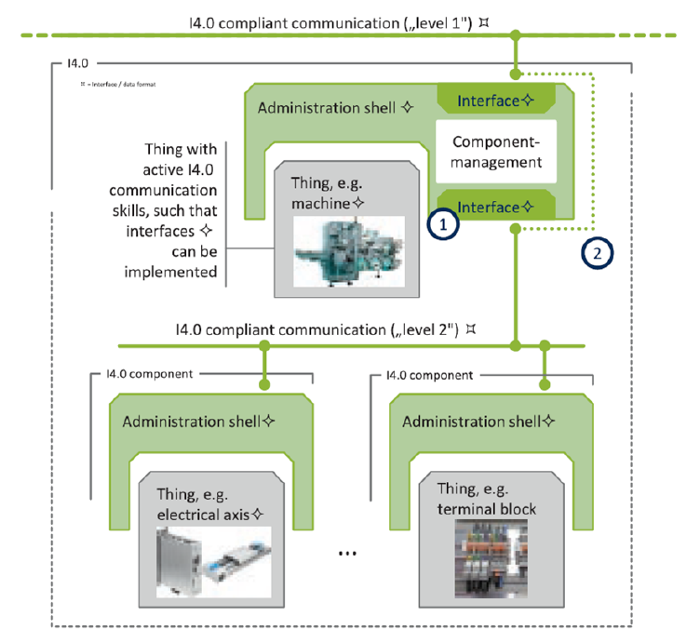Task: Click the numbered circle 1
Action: (443, 225)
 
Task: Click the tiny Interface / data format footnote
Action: (120, 85)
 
